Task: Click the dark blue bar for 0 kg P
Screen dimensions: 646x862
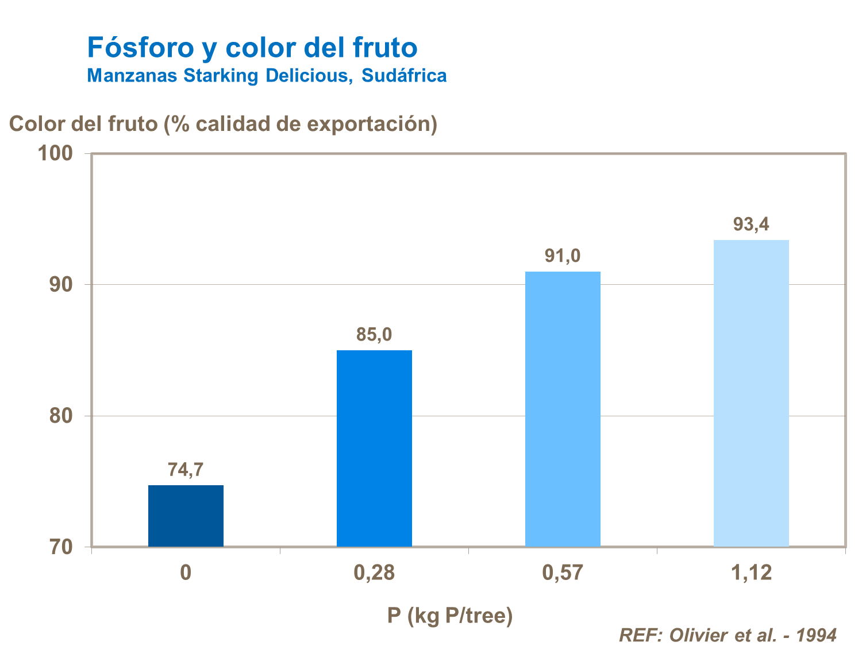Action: (x=186, y=516)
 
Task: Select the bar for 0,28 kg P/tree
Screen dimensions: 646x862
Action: (x=374, y=448)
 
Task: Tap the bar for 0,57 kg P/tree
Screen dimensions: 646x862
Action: (x=563, y=409)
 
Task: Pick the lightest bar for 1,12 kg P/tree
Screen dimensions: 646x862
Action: (x=751, y=393)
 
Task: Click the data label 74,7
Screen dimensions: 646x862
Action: (x=186, y=470)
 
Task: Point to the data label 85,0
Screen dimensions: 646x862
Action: (x=374, y=334)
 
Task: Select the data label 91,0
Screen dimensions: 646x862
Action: (x=563, y=256)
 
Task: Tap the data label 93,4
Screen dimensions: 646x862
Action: (x=751, y=224)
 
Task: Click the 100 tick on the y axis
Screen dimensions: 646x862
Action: (x=55, y=153)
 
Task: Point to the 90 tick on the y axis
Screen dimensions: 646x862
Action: (x=61, y=285)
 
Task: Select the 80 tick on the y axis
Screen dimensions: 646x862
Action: (x=61, y=416)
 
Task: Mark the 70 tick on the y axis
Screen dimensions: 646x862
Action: (x=61, y=547)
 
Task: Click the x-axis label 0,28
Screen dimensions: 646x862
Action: (x=374, y=572)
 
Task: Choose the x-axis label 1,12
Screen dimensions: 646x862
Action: (x=751, y=572)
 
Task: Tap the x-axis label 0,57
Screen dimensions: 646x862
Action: (x=563, y=572)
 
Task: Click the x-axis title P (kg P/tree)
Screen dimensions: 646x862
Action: (x=449, y=616)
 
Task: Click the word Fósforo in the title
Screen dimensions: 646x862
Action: (x=141, y=47)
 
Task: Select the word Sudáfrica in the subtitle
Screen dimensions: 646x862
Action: (x=404, y=75)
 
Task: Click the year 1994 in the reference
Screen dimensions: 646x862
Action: (x=817, y=635)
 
